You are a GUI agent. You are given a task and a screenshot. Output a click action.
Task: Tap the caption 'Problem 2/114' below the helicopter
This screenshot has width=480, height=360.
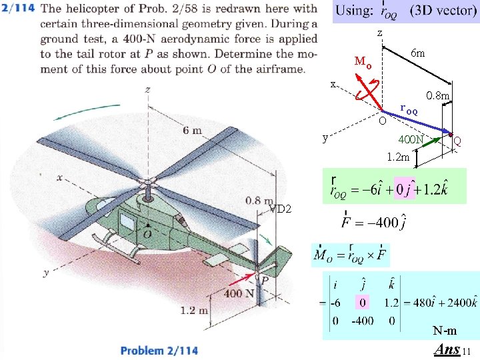[x=159, y=350]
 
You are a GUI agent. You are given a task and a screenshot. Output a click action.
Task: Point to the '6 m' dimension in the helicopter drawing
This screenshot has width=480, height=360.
[x=191, y=131]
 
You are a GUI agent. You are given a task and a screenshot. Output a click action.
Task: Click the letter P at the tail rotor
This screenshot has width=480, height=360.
[x=265, y=281]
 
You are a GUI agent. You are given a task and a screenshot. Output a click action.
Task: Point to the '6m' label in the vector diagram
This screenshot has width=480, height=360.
[x=418, y=53]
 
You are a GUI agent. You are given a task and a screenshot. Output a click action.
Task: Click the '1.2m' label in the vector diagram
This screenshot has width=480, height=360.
[x=398, y=157]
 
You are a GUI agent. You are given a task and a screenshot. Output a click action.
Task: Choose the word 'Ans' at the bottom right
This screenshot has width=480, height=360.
[x=447, y=349]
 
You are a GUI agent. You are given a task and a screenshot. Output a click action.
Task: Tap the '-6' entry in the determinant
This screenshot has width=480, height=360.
[x=337, y=302]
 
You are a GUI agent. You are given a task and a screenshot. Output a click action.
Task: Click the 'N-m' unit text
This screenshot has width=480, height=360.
[x=444, y=331]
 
